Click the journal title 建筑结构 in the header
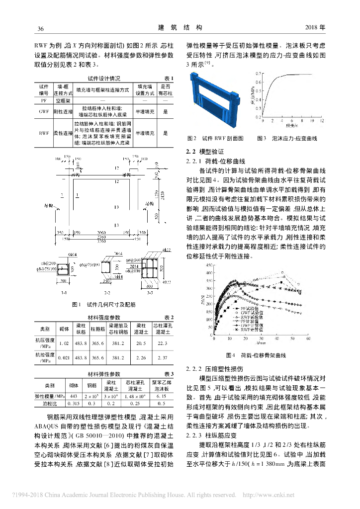[180, 27]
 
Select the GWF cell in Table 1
[43, 113]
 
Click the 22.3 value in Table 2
[162, 343]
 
